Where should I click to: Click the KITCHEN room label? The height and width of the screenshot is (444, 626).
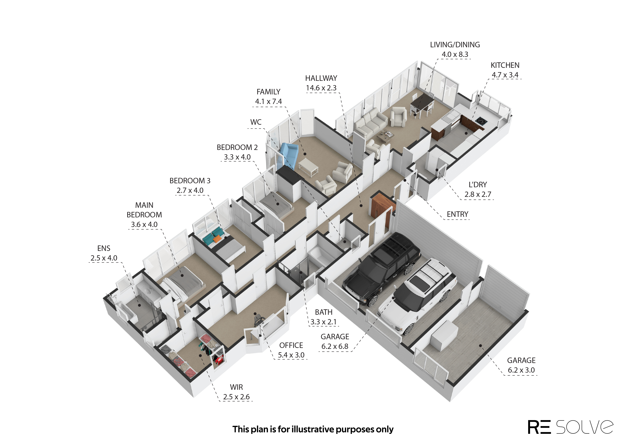505,65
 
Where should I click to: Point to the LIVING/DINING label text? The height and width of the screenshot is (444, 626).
455,45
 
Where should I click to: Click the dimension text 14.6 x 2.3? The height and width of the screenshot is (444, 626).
321,88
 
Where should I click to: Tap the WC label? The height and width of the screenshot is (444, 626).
256,122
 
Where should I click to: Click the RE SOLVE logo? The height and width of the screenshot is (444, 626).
570,427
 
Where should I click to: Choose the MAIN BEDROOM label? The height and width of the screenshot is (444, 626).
144,210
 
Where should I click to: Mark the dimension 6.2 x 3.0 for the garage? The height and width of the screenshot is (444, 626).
521,370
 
